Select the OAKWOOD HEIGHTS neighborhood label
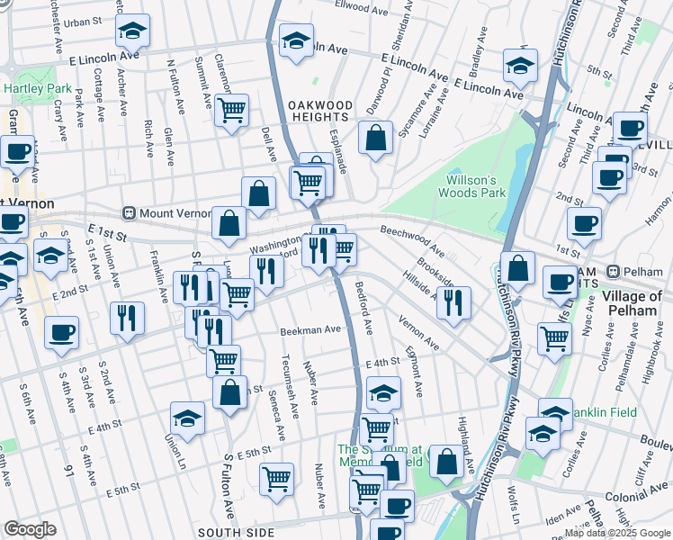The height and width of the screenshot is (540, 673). tap(318, 111)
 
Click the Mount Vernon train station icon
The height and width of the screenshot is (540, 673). tap(130, 213)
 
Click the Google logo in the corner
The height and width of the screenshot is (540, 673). tap(30, 529)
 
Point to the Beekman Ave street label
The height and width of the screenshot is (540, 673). tap(310, 330)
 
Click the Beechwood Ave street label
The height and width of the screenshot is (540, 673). tap(411, 237)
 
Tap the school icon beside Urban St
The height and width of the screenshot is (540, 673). tap(132, 31)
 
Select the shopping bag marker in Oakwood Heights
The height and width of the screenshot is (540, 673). tap(376, 138)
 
